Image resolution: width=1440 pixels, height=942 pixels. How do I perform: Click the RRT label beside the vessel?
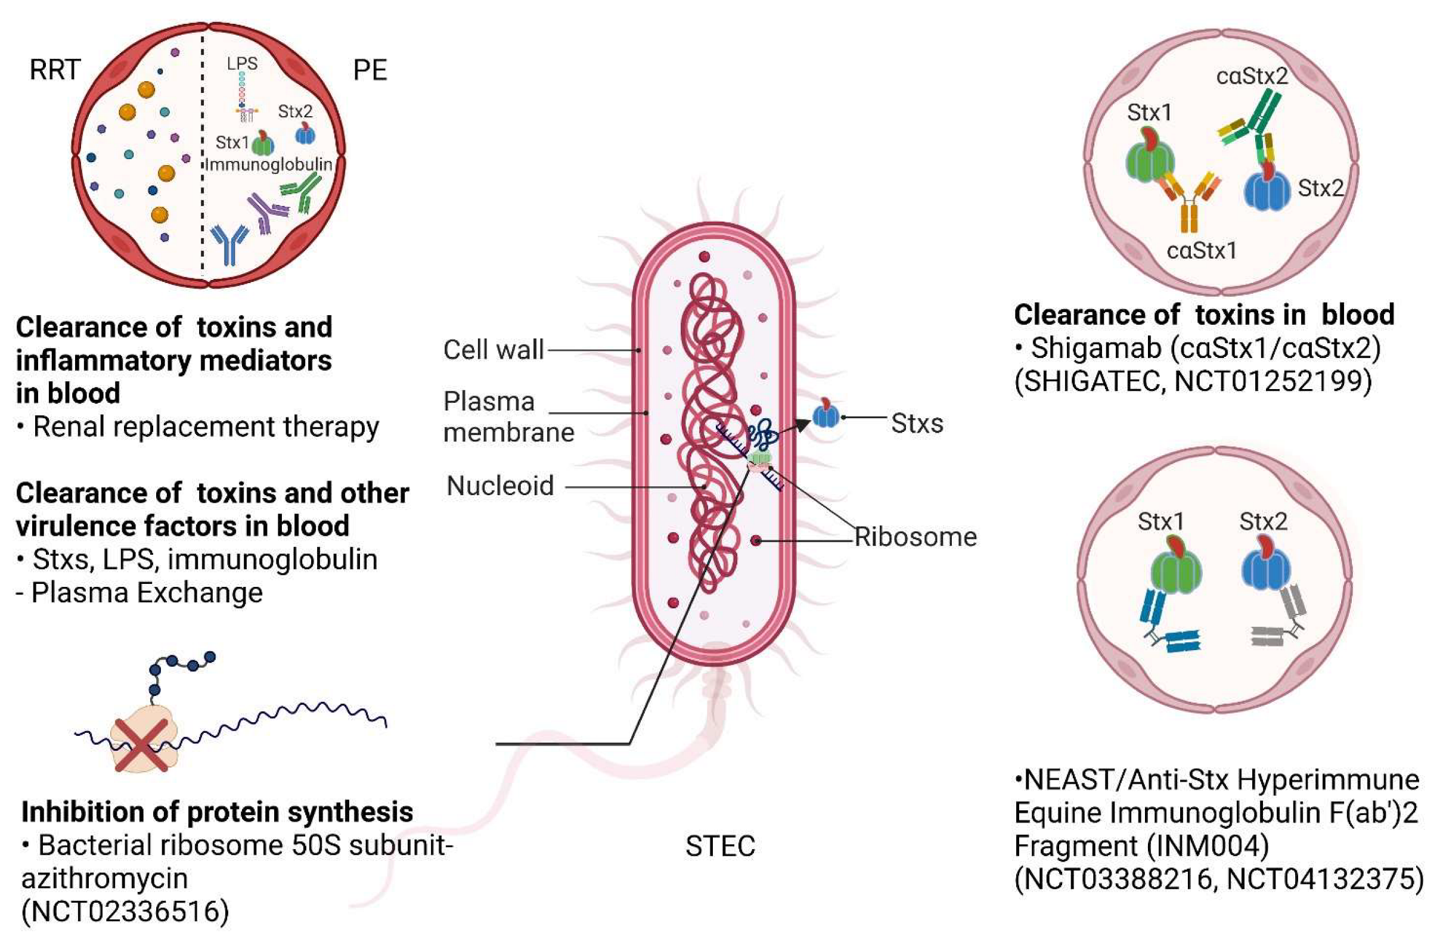tap(55, 70)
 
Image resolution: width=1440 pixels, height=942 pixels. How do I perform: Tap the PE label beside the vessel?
tap(370, 71)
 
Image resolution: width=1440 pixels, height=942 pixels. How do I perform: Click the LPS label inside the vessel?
tap(242, 64)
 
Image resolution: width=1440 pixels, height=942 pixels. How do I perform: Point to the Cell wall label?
tap(493, 350)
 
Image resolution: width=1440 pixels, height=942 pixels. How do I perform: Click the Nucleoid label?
tap(499, 486)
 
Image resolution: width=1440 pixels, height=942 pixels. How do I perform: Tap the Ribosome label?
tap(915, 537)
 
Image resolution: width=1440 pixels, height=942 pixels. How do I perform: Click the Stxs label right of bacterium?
tap(917, 424)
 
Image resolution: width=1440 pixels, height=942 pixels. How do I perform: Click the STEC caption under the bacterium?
tap(720, 847)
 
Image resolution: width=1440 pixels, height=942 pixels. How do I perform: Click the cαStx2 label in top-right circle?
tap(1252, 76)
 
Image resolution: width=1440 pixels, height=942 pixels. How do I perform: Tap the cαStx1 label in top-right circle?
tap(1201, 250)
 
